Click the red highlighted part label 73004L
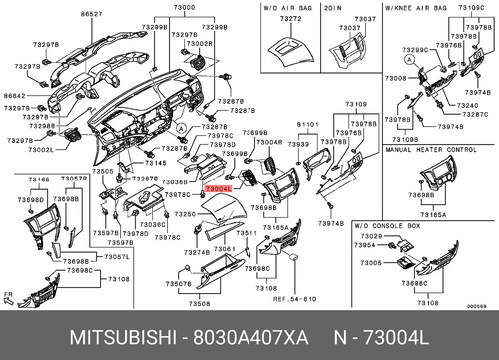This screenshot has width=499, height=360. pos(217,187)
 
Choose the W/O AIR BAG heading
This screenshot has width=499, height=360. pos(288,7)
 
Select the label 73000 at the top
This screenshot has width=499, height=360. pos(185,7)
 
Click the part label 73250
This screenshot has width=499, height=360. pos(185,214)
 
